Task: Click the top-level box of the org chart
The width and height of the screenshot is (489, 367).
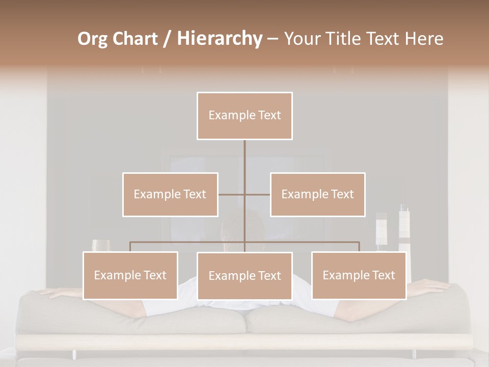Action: tap(244, 116)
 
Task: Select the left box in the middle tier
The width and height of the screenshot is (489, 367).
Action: tap(170, 194)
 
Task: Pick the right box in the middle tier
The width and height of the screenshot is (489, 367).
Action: tap(317, 194)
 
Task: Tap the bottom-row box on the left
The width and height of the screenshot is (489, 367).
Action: tap(130, 275)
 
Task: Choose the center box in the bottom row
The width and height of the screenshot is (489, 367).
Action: tap(244, 276)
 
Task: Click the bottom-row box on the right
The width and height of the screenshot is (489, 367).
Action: tap(359, 275)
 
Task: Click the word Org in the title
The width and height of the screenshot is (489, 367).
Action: tap(93, 39)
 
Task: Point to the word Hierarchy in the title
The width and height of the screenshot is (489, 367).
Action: tap(219, 39)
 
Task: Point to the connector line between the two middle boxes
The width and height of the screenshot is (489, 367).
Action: tap(232, 194)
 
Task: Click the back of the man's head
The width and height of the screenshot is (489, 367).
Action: tap(243, 224)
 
